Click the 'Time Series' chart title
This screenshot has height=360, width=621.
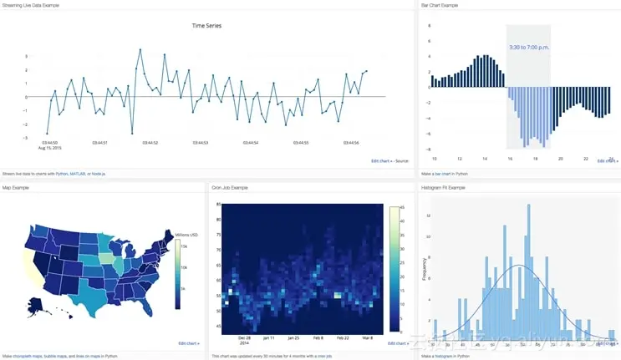click(206, 26)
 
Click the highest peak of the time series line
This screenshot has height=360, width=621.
click(140, 50)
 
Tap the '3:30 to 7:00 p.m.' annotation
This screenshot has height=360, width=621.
click(529, 47)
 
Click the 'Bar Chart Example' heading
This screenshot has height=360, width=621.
click(440, 5)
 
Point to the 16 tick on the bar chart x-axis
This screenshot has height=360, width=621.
click(509, 158)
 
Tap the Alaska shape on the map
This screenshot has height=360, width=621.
click(37, 307)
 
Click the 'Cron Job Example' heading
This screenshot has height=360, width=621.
click(230, 188)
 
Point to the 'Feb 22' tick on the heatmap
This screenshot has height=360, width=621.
click(343, 338)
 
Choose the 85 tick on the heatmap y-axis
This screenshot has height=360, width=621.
click(218, 205)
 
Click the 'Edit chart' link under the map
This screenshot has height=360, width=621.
click(189, 343)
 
